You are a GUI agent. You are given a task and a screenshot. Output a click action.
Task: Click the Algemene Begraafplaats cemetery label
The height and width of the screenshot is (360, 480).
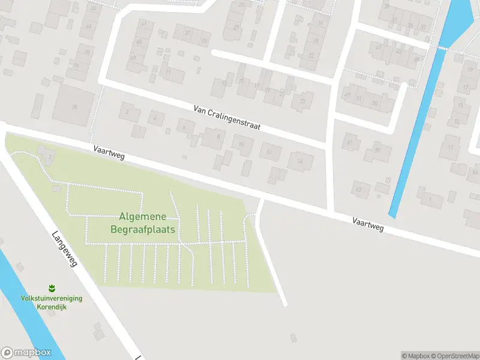coord(143,223)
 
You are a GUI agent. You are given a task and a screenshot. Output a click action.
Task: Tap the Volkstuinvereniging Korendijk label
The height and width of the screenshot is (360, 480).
coord(52,302)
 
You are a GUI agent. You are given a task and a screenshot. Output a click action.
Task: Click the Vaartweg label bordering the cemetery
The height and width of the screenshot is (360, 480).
coord(109,151)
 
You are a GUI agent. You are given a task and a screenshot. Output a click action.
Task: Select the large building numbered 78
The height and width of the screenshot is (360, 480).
coord(74,106)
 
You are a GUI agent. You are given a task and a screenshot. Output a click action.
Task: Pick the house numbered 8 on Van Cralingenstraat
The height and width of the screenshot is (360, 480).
coord(213,138)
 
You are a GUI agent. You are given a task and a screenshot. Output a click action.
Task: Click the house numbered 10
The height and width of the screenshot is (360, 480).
coord(242,145)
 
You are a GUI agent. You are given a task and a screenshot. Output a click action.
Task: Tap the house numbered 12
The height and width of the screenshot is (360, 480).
coord(270,152)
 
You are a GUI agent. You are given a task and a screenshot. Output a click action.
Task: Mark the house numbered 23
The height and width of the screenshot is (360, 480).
coord(302,101)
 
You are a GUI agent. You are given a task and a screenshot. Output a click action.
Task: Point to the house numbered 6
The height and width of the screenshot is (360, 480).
coord(185,127)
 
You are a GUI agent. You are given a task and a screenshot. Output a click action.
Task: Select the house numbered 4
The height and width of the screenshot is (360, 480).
coord(157,118)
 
